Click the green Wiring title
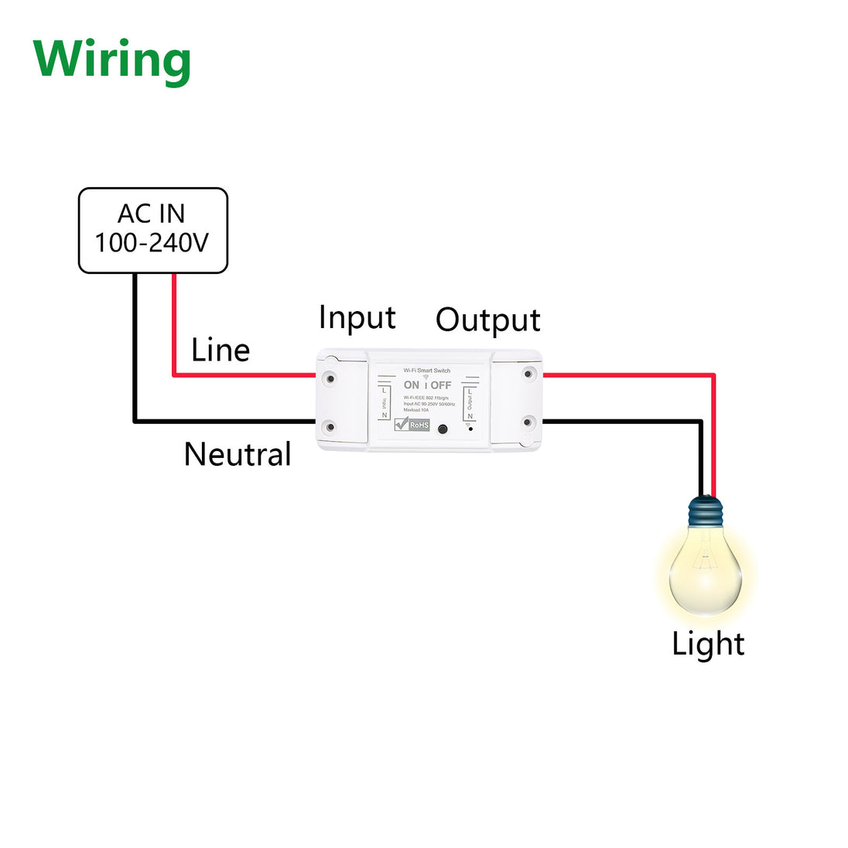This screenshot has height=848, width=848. pyautogui.click(x=112, y=60)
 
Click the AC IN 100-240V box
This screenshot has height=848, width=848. pyautogui.click(x=152, y=230)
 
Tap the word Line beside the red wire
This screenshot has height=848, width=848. pyautogui.click(x=221, y=350)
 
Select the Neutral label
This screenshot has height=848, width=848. pyautogui.click(x=238, y=454)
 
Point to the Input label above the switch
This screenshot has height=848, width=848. pyautogui.click(x=357, y=318)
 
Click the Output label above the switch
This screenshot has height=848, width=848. pyautogui.click(x=487, y=320)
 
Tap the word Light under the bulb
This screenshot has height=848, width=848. pyautogui.click(x=707, y=645)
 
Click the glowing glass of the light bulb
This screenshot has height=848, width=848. pyautogui.click(x=705, y=573)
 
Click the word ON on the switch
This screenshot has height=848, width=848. pyautogui.click(x=412, y=385)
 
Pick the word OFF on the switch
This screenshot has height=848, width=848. pyautogui.click(x=441, y=385)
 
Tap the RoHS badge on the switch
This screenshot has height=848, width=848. pyautogui.click(x=412, y=425)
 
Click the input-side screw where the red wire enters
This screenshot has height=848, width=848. pyautogui.click(x=330, y=378)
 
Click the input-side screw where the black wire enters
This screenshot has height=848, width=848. pyautogui.click(x=330, y=426)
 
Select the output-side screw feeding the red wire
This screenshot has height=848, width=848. pyautogui.click(x=528, y=374)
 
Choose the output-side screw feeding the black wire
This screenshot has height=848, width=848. pyautogui.click(x=528, y=422)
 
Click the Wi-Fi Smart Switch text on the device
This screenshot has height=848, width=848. pyautogui.click(x=426, y=371)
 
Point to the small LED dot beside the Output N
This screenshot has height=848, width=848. pyautogui.click(x=470, y=427)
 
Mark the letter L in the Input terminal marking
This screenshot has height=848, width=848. pyautogui.click(x=385, y=392)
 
